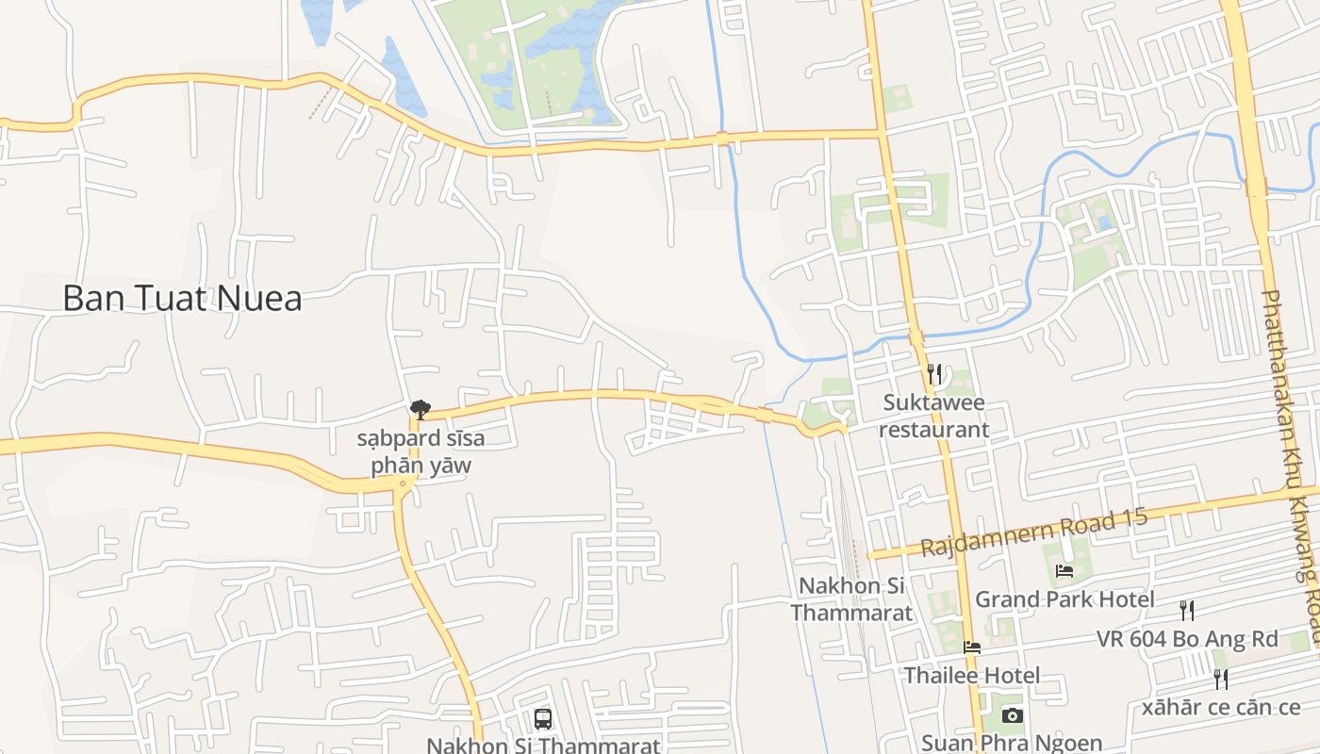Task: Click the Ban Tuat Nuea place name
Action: point(182,299)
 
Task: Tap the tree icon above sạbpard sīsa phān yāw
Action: point(421,409)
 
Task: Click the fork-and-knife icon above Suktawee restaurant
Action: point(933,374)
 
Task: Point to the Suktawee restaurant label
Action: point(933,417)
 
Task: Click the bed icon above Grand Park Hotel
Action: point(1064,570)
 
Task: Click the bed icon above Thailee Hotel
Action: point(972,647)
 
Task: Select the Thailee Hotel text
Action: point(972,676)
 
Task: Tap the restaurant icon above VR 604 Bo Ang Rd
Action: point(1187,611)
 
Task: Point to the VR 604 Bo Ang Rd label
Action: point(1187,639)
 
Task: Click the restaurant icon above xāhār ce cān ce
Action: point(1221,679)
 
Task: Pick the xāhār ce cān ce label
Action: point(1221,707)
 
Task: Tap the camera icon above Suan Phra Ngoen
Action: point(1012,716)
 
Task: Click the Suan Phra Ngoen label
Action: point(1012,743)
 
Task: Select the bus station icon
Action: point(543,719)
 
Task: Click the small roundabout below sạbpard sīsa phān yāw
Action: point(404,485)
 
